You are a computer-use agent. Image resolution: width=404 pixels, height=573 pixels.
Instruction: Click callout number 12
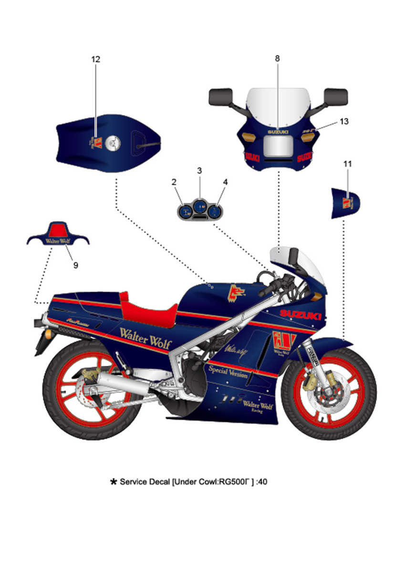tap(95, 59)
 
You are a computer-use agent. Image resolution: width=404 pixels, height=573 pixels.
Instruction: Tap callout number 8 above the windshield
tap(277, 59)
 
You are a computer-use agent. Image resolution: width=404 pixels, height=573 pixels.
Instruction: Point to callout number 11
tap(348, 164)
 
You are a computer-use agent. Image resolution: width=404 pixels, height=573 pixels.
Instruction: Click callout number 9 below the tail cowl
tap(75, 265)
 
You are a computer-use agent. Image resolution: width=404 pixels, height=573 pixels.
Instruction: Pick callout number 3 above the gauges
tap(200, 170)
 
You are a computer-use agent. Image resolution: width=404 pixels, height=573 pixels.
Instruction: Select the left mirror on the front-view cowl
tap(220, 97)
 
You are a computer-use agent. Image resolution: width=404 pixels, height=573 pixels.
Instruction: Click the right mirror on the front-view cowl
tap(335, 97)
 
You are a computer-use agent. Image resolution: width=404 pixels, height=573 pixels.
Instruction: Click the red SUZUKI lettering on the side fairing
tap(300, 315)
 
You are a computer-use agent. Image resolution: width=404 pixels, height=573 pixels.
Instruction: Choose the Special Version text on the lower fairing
tap(228, 372)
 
